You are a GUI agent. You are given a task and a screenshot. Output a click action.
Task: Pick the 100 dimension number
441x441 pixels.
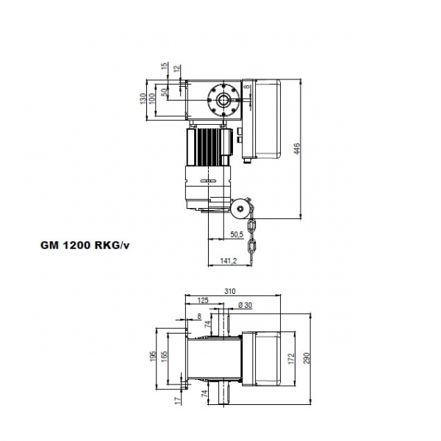click(x=150, y=98)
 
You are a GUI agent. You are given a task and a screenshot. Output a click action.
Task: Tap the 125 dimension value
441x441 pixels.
click(x=203, y=301)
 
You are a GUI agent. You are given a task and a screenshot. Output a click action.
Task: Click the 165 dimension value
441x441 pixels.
click(x=166, y=356)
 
